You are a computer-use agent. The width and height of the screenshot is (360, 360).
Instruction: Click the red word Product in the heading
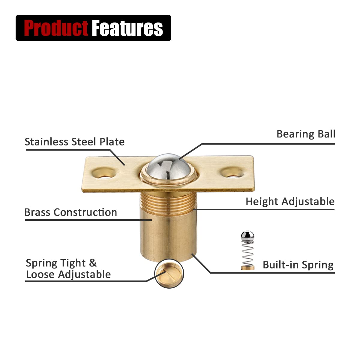tap(56, 28)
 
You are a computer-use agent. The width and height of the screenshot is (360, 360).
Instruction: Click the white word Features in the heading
tap(127, 28)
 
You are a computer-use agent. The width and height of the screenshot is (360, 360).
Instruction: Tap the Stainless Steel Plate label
tap(74, 142)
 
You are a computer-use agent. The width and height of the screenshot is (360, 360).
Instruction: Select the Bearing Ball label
tap(306, 134)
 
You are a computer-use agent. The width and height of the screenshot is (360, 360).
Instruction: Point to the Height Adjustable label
tap(290, 202)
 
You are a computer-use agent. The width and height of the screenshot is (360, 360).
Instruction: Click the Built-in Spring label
tap(298, 265)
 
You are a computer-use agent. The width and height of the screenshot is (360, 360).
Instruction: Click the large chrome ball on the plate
tap(169, 166)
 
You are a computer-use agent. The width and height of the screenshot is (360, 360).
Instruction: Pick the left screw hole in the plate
tap(104, 173)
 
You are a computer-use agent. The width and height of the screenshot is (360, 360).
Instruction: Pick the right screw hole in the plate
tap(232, 172)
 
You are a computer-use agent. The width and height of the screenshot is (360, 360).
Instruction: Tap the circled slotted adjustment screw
tap(169, 274)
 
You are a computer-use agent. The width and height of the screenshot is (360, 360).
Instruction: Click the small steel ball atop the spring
tap(247, 236)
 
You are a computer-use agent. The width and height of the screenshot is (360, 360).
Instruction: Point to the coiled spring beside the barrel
tap(247, 253)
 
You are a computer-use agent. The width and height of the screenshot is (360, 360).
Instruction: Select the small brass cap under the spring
tap(247, 268)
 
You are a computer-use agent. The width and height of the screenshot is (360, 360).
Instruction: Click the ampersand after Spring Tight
tap(93, 263)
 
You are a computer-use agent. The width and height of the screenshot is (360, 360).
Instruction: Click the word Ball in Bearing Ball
tap(327, 134)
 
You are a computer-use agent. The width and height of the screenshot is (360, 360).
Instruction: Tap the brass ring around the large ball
tap(168, 182)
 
